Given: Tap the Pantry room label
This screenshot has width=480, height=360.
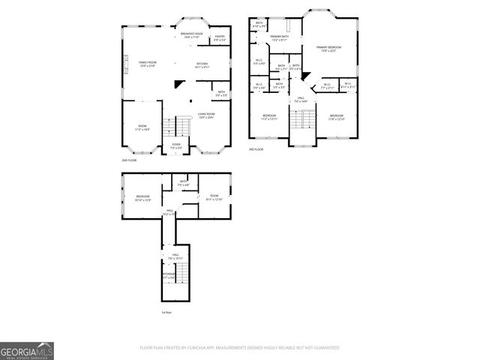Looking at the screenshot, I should click(x=220, y=38).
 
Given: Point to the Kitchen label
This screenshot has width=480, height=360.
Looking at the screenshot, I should click(x=202, y=65).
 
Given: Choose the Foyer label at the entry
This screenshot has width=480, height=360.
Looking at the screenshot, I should click(x=176, y=145).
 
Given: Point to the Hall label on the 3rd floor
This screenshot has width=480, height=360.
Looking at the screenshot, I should click(x=300, y=100).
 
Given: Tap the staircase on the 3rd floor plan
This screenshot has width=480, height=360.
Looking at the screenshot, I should click(x=303, y=118).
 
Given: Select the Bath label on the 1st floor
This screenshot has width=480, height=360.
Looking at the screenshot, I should click(x=183, y=183).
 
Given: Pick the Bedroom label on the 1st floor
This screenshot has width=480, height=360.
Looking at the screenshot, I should click(x=142, y=198).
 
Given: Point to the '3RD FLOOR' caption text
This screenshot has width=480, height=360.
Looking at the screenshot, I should click(x=257, y=149).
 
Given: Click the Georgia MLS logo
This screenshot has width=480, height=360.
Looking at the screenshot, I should click(x=26, y=350).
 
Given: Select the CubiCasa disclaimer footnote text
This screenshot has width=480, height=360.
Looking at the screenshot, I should click(x=239, y=348).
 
